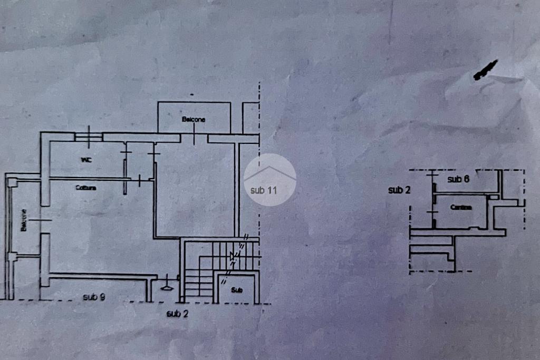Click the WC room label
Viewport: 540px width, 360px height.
click(x=86, y=160)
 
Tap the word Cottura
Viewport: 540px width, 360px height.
click(x=85, y=188)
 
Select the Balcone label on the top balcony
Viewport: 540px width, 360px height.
click(x=194, y=120)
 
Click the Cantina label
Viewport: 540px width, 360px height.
click(x=461, y=207)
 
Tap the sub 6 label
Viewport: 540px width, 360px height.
click(x=458, y=179)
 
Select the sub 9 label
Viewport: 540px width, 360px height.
click(x=94, y=297)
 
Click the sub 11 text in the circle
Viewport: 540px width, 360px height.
click(x=263, y=190)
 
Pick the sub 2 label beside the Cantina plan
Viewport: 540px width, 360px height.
click(x=399, y=190)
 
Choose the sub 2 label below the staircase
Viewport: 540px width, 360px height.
click(x=177, y=314)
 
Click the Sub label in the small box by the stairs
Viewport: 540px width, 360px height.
click(x=237, y=290)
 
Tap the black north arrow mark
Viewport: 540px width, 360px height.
click(x=485, y=70)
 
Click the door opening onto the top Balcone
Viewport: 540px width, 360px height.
click(x=194, y=138)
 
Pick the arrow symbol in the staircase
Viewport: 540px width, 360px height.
click(x=233, y=257)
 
